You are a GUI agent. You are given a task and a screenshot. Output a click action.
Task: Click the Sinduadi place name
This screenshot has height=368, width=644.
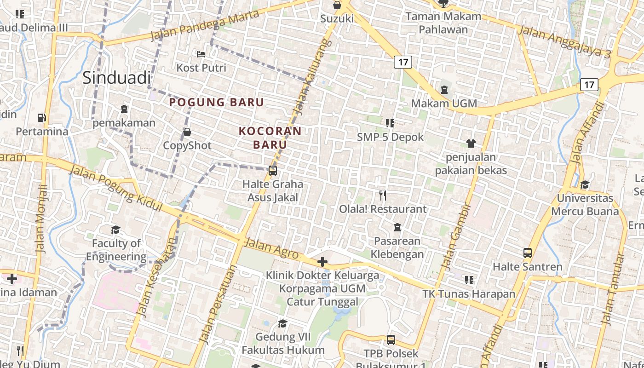[116, 77]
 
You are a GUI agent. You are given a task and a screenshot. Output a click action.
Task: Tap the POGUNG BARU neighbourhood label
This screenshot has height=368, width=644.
[216, 102]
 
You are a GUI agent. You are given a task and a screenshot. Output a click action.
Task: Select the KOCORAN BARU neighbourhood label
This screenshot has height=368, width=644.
[270, 138]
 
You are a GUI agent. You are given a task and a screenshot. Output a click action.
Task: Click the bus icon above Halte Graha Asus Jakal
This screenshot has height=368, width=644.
[273, 171]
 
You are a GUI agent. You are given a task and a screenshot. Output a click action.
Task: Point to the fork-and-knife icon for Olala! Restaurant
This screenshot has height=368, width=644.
[383, 195]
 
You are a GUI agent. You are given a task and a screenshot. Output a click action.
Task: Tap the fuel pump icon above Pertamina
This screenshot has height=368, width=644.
[42, 118]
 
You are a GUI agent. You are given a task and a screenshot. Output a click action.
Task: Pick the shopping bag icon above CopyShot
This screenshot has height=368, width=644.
[187, 132]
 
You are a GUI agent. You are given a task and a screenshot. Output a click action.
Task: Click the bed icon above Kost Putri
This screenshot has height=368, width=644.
[201, 54]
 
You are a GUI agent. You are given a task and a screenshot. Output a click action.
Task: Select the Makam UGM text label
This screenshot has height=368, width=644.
[444, 103]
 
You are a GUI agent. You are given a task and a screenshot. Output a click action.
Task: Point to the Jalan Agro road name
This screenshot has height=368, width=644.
[271, 248]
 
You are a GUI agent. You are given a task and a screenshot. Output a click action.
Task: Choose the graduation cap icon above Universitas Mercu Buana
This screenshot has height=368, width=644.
[585, 185]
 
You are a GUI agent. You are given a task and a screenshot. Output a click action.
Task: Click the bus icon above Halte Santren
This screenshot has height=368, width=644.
[528, 253]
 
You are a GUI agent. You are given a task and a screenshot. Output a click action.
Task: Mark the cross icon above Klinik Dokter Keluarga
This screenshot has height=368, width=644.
[322, 262]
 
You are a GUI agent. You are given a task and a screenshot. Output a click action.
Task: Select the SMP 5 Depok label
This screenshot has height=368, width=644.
[390, 137]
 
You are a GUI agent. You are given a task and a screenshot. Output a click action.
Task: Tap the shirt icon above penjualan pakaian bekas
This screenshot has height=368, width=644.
[471, 144]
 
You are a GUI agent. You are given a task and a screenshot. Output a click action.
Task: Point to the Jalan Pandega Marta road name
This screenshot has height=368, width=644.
[205, 27]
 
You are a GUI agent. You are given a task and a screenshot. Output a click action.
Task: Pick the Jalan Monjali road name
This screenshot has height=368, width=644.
[42, 218]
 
